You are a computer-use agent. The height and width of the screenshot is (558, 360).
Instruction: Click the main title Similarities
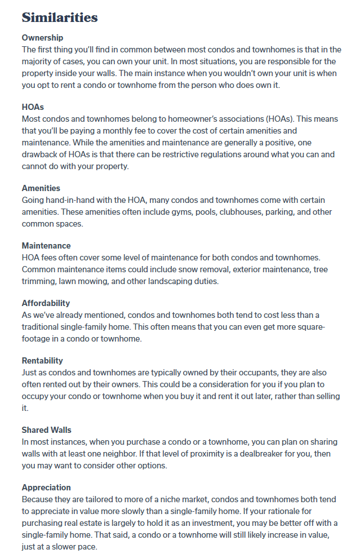(60, 17)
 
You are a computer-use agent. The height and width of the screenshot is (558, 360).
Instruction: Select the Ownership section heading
(43, 38)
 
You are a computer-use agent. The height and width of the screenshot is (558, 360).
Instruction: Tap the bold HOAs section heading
(33, 107)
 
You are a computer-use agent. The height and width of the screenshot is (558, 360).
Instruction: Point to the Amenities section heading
(41, 188)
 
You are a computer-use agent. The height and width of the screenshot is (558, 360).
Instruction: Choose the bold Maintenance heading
(46, 246)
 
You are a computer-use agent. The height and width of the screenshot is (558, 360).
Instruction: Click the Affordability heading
(46, 303)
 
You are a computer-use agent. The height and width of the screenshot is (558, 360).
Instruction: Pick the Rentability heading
(42, 361)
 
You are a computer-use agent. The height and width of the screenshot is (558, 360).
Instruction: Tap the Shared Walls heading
(47, 430)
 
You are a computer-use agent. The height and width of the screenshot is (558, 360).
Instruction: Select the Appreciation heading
(46, 488)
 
